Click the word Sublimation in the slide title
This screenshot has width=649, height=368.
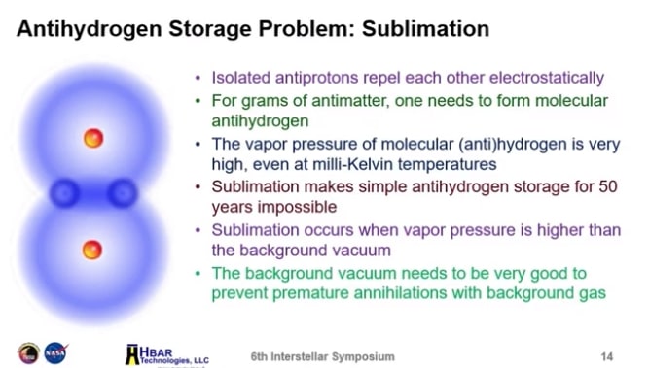tap(425, 28)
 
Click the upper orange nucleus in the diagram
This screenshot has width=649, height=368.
tap(93, 138)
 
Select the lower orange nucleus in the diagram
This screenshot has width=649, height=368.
tap(92, 250)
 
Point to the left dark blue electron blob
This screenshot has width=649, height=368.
tap(65, 190)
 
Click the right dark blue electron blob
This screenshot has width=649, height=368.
tap(122, 190)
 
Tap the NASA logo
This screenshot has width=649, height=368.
tap(54, 352)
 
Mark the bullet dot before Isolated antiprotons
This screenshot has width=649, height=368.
tap(200, 78)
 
